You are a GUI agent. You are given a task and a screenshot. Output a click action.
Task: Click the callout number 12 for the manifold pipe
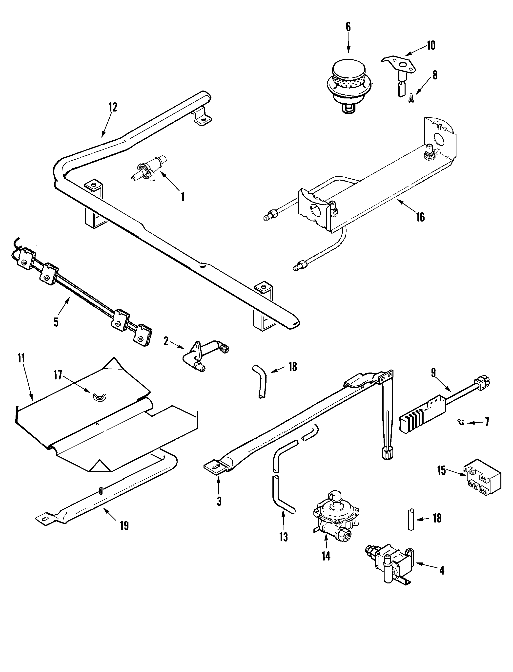point(112,107)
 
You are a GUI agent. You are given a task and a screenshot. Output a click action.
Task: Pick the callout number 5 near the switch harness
point(56,322)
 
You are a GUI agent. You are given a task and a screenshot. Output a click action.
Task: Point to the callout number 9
point(434,373)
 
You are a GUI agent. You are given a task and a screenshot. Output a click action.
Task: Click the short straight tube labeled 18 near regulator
point(411,519)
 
